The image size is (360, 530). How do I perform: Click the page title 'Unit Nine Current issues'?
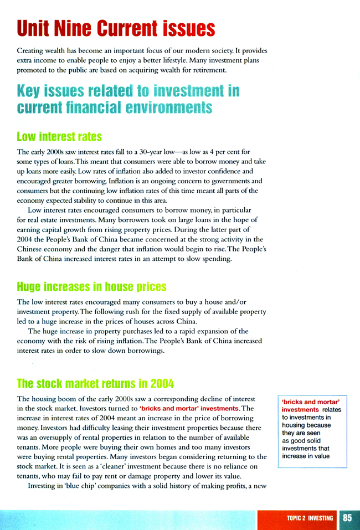click(x=116, y=27)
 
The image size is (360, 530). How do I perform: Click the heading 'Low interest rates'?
click(x=60, y=136)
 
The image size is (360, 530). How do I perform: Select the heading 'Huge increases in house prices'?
click(x=91, y=287)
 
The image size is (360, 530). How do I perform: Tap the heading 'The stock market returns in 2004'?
click(x=95, y=384)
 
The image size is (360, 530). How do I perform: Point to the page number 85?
click(x=347, y=518)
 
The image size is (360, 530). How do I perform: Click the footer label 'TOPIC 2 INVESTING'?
click(x=310, y=518)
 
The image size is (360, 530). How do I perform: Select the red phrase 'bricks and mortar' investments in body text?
click(x=189, y=408)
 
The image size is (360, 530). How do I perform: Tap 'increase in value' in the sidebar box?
click(x=305, y=456)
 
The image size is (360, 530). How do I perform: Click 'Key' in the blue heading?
click(x=32, y=91)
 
